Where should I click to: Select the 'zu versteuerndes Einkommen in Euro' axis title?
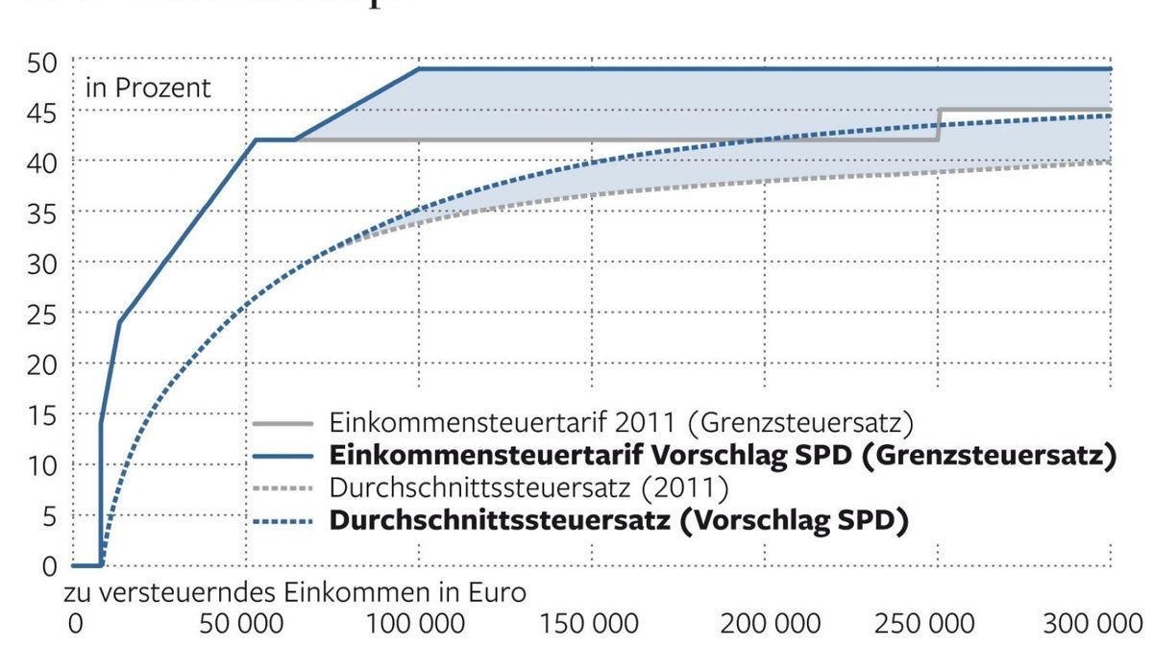point(295,592)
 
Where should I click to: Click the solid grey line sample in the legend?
point(284,423)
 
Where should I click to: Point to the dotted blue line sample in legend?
point(284,522)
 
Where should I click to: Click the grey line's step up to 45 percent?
point(939,125)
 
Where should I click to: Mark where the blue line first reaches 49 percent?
point(419,68)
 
